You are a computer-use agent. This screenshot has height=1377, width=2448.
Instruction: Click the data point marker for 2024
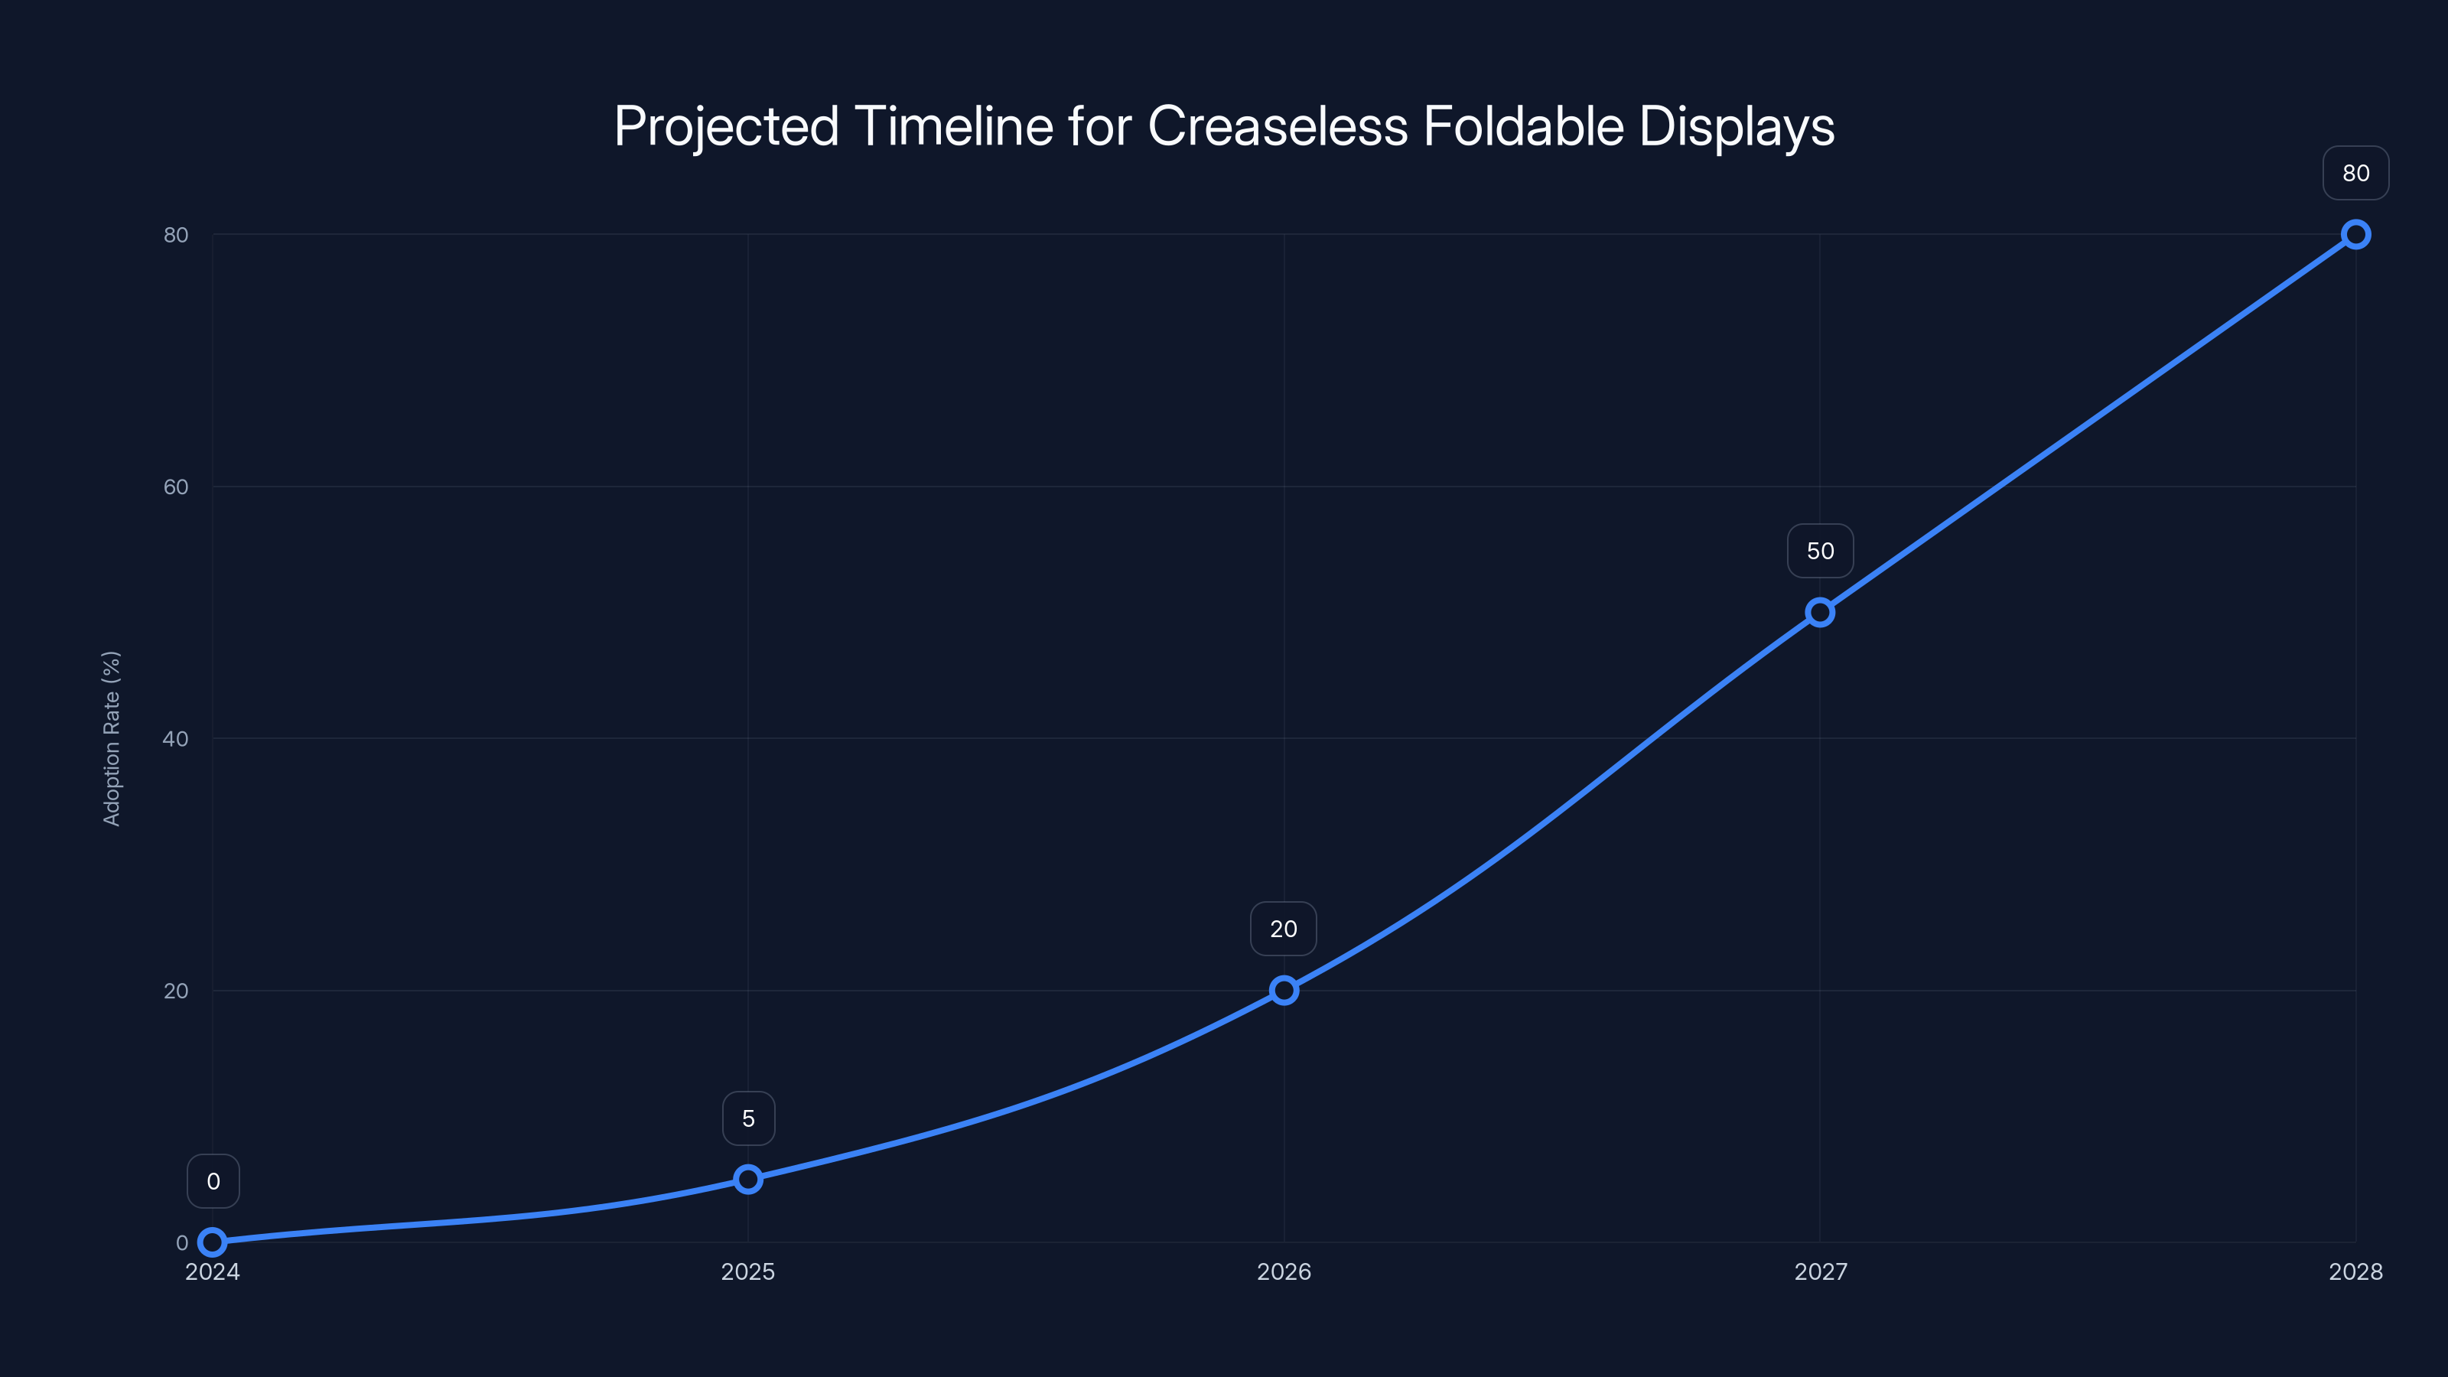213,1242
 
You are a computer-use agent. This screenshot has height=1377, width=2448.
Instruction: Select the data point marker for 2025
748,1180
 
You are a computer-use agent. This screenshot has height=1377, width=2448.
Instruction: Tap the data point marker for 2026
1284,990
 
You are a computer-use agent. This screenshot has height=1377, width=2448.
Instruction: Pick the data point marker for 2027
1820,612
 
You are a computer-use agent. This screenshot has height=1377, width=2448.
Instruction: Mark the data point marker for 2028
2356,235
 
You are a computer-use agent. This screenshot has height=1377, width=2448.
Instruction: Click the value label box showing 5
748,1118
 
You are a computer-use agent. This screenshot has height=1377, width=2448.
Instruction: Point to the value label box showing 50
1820,551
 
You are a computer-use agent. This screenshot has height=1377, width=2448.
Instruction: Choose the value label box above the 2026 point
1284,929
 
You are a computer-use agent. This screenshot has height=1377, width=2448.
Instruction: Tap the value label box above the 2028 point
2356,173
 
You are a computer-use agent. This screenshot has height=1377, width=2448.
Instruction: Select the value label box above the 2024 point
213,1181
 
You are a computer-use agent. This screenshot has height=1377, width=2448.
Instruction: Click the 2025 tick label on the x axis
748,1271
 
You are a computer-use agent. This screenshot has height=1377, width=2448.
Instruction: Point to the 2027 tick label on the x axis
1820,1271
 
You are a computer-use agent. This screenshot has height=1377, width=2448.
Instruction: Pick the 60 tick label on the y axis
176,487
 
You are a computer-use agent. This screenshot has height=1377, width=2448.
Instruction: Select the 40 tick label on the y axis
176,738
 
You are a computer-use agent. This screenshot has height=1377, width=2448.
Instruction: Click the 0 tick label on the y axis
181,1243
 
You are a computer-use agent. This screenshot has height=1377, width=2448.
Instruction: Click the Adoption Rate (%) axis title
111,738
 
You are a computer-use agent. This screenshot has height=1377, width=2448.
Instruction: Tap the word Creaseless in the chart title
1278,126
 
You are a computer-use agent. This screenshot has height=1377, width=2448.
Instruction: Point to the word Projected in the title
727,126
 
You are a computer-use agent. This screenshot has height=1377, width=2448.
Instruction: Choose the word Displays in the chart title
1737,126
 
